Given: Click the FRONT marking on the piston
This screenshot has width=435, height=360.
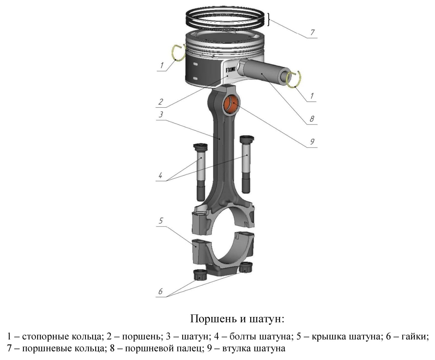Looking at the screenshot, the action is point(231,69).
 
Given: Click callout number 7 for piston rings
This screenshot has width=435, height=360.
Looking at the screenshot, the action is point(312,32).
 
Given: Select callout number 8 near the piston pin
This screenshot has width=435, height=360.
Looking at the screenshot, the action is point(312,119).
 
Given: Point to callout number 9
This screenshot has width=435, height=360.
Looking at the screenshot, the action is point(312,142).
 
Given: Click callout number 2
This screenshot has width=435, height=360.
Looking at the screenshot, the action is point(161,102).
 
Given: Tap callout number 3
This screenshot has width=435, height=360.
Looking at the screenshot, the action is point(161,114).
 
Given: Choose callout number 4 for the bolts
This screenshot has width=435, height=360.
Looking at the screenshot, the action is point(160,175).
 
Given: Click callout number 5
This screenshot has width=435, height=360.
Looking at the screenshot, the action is point(161,220).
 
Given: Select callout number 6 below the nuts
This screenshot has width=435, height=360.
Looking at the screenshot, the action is point(160,292).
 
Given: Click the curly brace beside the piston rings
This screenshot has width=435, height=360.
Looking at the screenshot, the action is point(269,19).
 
